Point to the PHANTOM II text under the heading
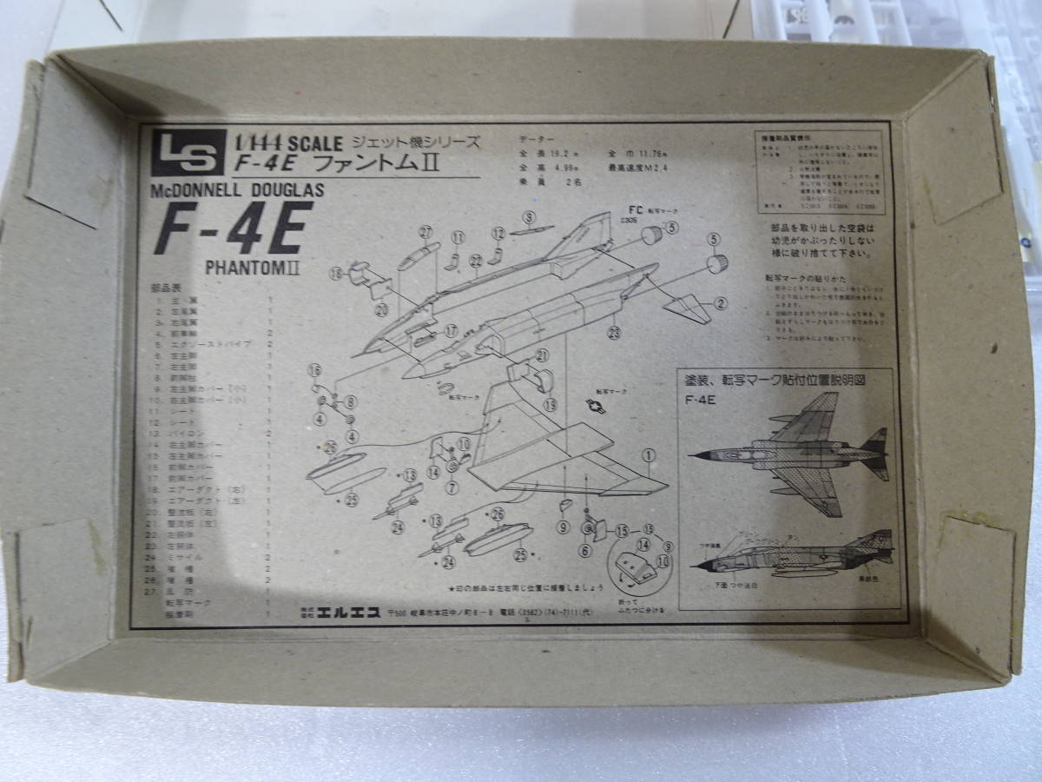pos(253,267)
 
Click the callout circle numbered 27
pos(425,231)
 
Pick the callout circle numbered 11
pos(458,236)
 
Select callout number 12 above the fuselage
pos(498,233)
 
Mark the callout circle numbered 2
pos(721,303)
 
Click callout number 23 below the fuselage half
pos(616,331)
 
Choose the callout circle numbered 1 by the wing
pos(648,454)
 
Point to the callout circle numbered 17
pos(450,330)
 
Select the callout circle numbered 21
pos(542,355)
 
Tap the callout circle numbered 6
pos(584,548)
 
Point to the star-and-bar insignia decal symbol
pos(597,407)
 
